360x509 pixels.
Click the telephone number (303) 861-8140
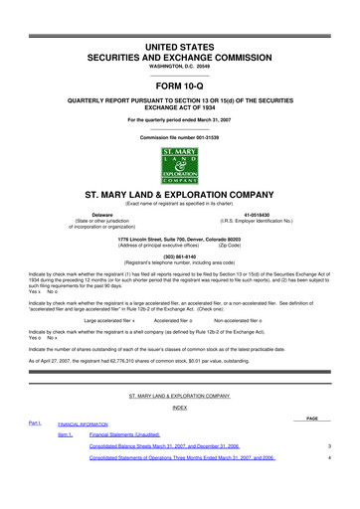coord(180,253)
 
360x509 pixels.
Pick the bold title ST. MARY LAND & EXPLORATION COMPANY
coord(180,194)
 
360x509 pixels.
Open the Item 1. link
coord(66,435)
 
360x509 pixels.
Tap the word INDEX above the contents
coord(180,408)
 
